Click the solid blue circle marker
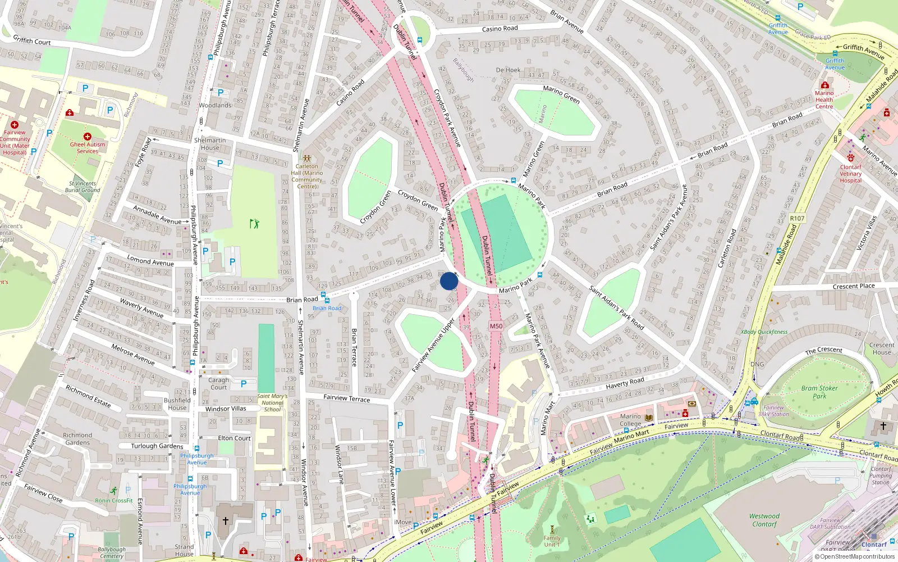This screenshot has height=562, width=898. (449, 281)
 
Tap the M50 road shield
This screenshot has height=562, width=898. (496, 326)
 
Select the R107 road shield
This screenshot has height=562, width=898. (797, 218)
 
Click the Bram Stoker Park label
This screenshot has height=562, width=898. (819, 392)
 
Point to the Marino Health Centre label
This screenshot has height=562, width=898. (824, 100)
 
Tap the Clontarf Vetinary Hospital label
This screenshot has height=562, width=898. (850, 174)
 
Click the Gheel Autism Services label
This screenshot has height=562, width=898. (88, 147)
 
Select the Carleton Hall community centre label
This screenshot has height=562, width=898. (306, 176)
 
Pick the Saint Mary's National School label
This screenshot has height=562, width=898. (272, 402)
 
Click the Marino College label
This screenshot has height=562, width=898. (630, 420)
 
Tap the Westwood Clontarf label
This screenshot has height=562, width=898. (764, 520)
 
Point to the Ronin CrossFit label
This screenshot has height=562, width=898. (114, 500)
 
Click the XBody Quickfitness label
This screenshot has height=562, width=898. (764, 332)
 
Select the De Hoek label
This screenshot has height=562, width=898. (508, 70)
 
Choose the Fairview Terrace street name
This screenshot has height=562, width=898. (347, 398)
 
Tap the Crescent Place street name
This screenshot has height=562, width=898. (854, 286)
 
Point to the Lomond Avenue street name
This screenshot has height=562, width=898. (150, 261)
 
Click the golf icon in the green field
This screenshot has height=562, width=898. (255, 224)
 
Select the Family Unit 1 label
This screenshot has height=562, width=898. (552, 541)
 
